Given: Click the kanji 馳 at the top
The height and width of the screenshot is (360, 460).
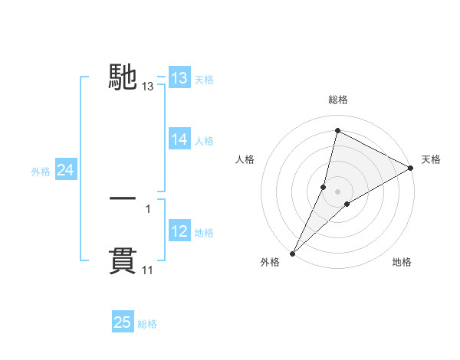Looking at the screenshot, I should click(123, 77).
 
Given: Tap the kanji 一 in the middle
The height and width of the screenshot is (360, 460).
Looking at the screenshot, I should click(123, 198).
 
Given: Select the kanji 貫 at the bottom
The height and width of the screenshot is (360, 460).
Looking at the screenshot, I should click(123, 260).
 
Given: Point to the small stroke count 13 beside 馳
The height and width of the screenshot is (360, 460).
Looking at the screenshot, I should click(148, 87).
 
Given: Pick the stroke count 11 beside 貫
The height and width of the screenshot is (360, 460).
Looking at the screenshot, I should click(148, 270).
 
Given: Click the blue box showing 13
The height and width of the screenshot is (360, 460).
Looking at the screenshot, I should click(179, 78).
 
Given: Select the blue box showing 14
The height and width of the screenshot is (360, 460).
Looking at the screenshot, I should click(179, 139).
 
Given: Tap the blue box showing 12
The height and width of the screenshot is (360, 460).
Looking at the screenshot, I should click(179, 231).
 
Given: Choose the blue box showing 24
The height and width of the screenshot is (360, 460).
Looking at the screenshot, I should click(66, 170).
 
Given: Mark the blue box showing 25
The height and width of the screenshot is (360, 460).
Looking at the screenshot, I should click(123, 322).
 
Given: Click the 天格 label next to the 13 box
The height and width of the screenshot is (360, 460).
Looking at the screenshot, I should click(204, 80).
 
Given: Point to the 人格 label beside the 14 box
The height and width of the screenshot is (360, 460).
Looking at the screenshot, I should click(204, 141).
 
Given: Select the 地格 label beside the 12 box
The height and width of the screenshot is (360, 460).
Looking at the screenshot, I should click(204, 233).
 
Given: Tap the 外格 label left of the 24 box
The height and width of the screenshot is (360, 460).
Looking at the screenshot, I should click(41, 172).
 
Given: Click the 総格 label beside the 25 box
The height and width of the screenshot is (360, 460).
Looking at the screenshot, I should click(147, 324).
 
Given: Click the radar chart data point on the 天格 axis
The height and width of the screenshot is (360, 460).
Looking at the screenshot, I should click(411, 169).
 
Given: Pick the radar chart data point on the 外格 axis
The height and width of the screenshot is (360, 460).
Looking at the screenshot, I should click(292, 253).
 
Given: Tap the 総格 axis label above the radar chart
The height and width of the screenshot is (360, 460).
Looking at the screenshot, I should click(337, 100).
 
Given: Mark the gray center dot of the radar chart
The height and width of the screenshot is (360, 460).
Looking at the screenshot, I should click(337, 191).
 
